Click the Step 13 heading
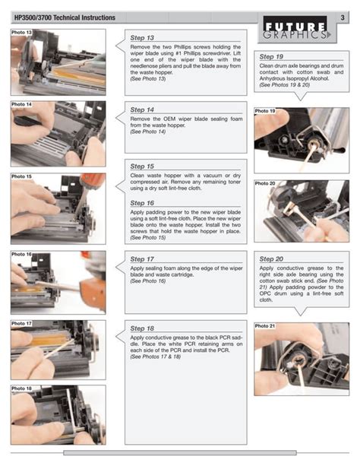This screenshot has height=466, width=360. [142, 38]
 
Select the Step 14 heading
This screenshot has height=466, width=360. [142, 109]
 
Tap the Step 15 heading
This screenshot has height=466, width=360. [142, 166]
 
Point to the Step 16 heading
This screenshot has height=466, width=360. [142, 203]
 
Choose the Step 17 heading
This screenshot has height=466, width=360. [142, 259]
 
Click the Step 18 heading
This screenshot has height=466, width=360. [142, 328]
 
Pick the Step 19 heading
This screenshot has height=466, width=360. [271, 57]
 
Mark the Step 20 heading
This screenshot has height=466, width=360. [271, 259]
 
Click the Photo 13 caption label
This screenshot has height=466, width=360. [22, 33]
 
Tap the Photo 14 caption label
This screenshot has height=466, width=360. [22, 104]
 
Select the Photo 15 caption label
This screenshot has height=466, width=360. [22, 176]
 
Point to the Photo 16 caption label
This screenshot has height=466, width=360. [22, 254]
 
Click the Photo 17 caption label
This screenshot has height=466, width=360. [22, 323]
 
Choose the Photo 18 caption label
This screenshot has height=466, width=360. [22, 388]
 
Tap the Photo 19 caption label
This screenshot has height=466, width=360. [265, 111]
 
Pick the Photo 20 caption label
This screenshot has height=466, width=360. [265, 183]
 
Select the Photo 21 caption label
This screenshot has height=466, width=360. [265, 325]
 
